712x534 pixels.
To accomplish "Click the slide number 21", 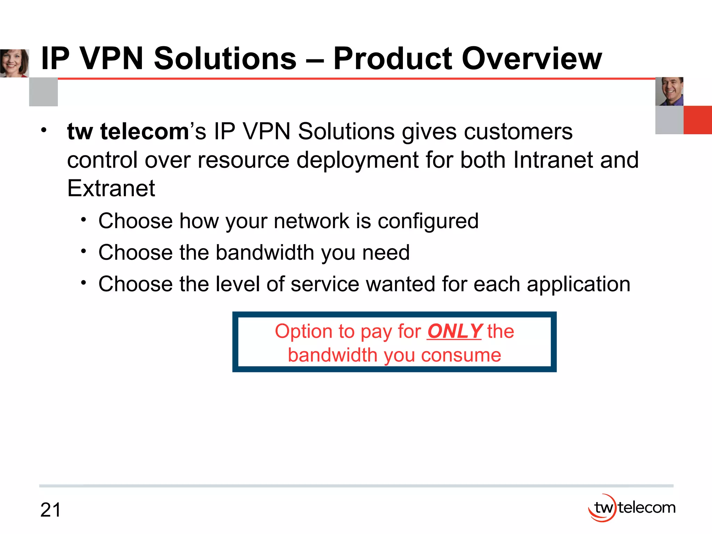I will [50, 510].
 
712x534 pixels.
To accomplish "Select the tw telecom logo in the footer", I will [631, 508].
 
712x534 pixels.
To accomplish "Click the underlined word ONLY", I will [454, 331].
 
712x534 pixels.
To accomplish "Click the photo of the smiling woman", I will [14, 63].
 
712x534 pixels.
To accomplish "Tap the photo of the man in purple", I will [669, 91].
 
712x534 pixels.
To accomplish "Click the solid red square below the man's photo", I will [697, 120].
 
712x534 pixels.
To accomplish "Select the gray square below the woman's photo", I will [43, 92].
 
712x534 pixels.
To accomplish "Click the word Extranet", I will [111, 188].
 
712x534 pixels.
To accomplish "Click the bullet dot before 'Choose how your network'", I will [83, 220].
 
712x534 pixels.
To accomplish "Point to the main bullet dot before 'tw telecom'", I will [43, 130].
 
